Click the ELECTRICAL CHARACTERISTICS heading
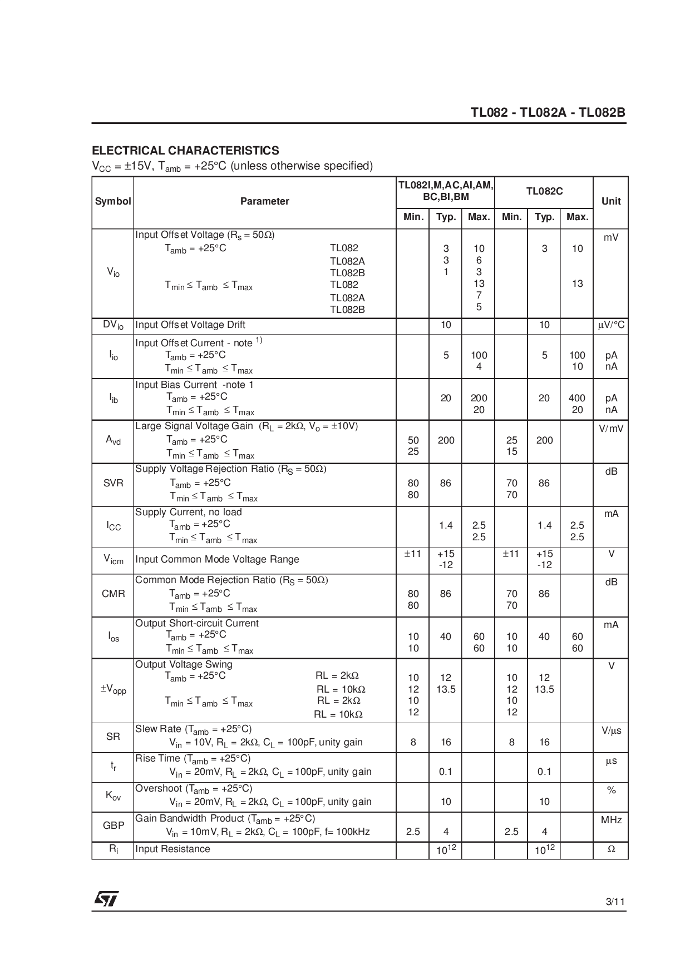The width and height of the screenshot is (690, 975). [185, 151]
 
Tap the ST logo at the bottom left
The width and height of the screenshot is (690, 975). [106, 899]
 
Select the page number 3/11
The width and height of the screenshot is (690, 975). [616, 902]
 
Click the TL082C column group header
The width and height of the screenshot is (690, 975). [544, 191]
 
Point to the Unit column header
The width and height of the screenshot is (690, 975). [610, 201]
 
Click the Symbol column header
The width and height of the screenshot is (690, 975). [113, 201]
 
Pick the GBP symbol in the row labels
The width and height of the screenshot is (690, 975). [114, 825]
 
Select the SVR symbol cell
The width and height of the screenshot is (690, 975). [114, 483]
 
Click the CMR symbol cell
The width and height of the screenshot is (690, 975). [114, 594]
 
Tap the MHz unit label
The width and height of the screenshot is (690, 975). [611, 820]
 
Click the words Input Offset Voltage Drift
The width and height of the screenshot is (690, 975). [190, 325]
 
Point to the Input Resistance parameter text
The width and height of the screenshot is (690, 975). [172, 849]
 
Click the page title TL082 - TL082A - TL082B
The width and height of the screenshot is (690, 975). [548, 113]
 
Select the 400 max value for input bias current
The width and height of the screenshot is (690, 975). [577, 398]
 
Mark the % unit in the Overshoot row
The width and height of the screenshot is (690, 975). [611, 790]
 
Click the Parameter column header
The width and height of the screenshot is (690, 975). [264, 201]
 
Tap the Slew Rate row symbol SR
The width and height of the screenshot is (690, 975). [113, 737]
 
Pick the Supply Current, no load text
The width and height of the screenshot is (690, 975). [189, 512]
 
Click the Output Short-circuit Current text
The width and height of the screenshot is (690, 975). [197, 623]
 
